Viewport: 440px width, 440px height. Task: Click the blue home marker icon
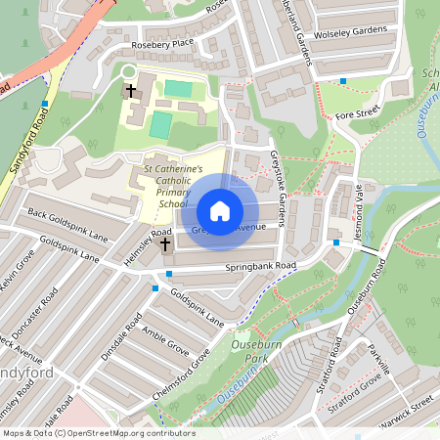(220, 211)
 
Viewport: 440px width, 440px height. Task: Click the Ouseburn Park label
(257, 351)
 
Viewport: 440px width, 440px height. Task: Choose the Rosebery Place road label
(157, 46)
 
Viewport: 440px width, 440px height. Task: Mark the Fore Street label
(357, 113)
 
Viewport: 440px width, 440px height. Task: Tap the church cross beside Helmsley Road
(165, 242)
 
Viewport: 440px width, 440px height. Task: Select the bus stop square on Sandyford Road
(45, 103)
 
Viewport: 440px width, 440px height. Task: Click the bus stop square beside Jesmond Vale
(335, 242)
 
